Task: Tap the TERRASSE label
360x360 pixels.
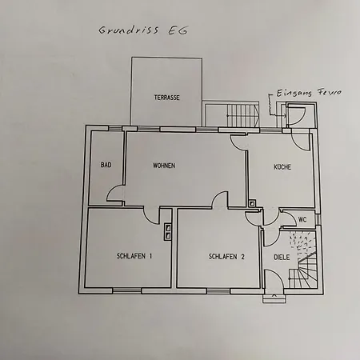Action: click(x=166, y=98)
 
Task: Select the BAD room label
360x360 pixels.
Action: click(x=106, y=166)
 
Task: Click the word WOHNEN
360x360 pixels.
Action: click(x=164, y=166)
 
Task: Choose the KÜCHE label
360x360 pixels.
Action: click(x=282, y=168)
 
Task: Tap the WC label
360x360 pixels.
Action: click(x=302, y=219)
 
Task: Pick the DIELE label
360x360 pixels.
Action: click(x=282, y=257)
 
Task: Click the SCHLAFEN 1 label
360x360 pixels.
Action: click(x=133, y=257)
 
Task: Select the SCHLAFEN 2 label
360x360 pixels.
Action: click(x=226, y=257)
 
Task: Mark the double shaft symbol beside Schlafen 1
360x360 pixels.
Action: click(x=167, y=232)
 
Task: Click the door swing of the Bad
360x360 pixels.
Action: click(x=117, y=193)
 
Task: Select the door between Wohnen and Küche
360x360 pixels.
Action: click(x=238, y=142)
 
